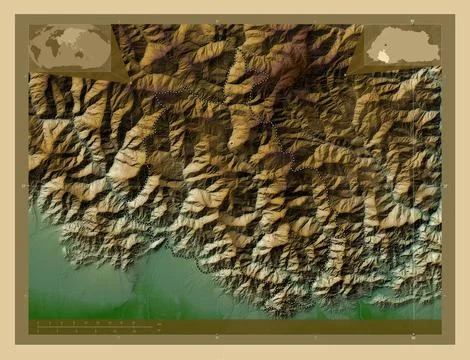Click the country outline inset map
click(x=401, y=46)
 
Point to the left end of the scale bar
click(x=37, y=326)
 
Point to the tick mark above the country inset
click(x=413, y=21)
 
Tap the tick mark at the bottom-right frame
click(x=413, y=337)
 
